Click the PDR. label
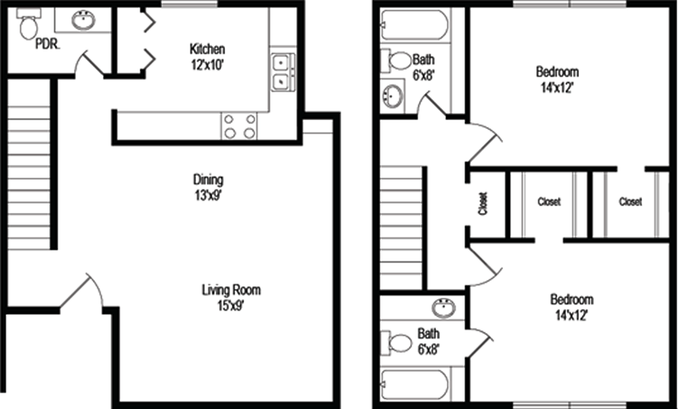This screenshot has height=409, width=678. [x=47, y=44]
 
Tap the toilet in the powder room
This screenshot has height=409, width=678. [x=28, y=24]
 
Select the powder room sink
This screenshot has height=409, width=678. [x=84, y=20]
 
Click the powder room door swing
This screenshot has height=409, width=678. [x=89, y=64]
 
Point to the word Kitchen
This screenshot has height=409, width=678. [x=207, y=48]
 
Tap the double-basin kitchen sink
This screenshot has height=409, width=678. [x=283, y=72]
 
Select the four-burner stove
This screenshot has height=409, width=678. [x=239, y=125]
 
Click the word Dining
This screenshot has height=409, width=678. [x=208, y=179]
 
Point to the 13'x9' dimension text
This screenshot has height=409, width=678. [x=208, y=195]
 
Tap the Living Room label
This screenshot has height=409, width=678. [x=231, y=290]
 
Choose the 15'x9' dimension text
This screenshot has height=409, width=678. [x=231, y=306]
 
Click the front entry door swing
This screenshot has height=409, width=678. [x=82, y=292]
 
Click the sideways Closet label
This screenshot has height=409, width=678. [x=483, y=203]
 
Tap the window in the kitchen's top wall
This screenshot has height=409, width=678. [x=189, y=4]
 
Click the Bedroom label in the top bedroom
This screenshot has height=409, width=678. [x=557, y=71]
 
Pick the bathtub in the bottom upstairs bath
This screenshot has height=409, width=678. [x=414, y=385]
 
